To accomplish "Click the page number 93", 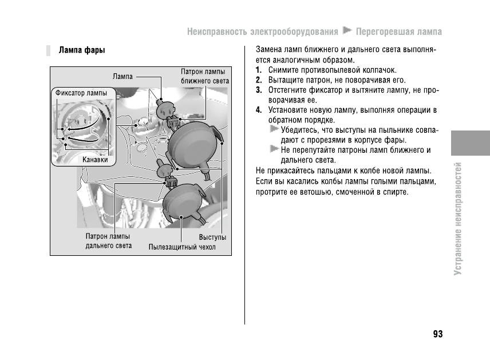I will coord(438,334).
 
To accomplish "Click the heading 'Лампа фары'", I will coord(81,50).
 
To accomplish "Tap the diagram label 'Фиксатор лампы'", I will coord(81,92).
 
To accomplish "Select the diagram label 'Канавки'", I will coord(95,160).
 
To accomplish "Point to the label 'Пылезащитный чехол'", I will coord(182,247).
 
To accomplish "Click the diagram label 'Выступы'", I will coord(212,237).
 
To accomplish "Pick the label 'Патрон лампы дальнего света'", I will coord(108,241).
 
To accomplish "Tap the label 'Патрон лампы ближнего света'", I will coord(204,77).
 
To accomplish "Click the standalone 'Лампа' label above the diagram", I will coord(122,76).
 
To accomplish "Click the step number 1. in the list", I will coord(259,70).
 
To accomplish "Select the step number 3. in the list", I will coord(259,90).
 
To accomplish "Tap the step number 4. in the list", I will coord(259,110).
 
